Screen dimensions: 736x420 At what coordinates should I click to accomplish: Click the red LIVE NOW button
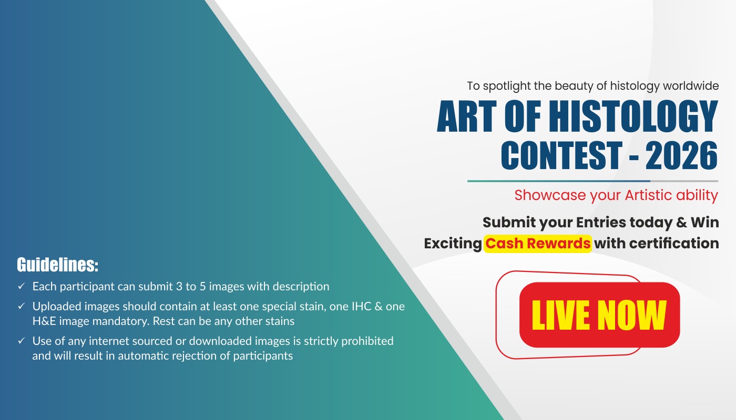click(599, 314)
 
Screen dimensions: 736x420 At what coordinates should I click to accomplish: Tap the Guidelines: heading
click(57, 265)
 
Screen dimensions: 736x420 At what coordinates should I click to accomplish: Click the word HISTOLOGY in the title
click(633, 116)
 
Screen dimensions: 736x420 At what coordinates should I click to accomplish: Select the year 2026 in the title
click(681, 155)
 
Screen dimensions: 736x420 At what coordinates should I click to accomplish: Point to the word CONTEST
click(561, 155)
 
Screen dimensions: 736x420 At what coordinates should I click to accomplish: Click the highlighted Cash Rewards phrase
click(537, 244)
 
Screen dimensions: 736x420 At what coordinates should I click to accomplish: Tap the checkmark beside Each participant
click(22, 286)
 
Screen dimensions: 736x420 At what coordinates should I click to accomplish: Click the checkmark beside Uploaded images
click(22, 306)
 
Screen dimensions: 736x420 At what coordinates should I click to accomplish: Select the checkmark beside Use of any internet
click(22, 341)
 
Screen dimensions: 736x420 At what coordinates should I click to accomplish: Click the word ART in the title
click(466, 116)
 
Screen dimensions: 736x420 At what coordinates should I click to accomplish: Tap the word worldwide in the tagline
click(691, 86)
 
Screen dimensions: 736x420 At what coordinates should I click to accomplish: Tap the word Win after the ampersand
click(705, 222)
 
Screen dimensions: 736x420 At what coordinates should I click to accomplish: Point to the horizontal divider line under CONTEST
click(593, 181)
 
